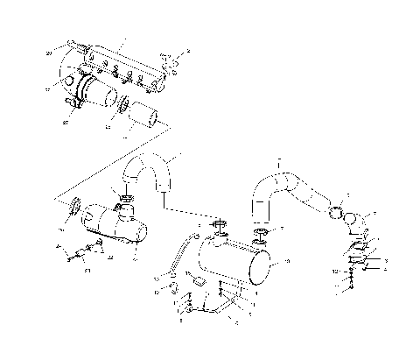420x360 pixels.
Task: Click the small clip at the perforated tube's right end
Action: point(172,63)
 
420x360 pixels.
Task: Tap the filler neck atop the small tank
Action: point(128,208)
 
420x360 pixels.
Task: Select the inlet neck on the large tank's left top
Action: point(218,232)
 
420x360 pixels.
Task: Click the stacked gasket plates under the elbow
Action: point(358,253)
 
